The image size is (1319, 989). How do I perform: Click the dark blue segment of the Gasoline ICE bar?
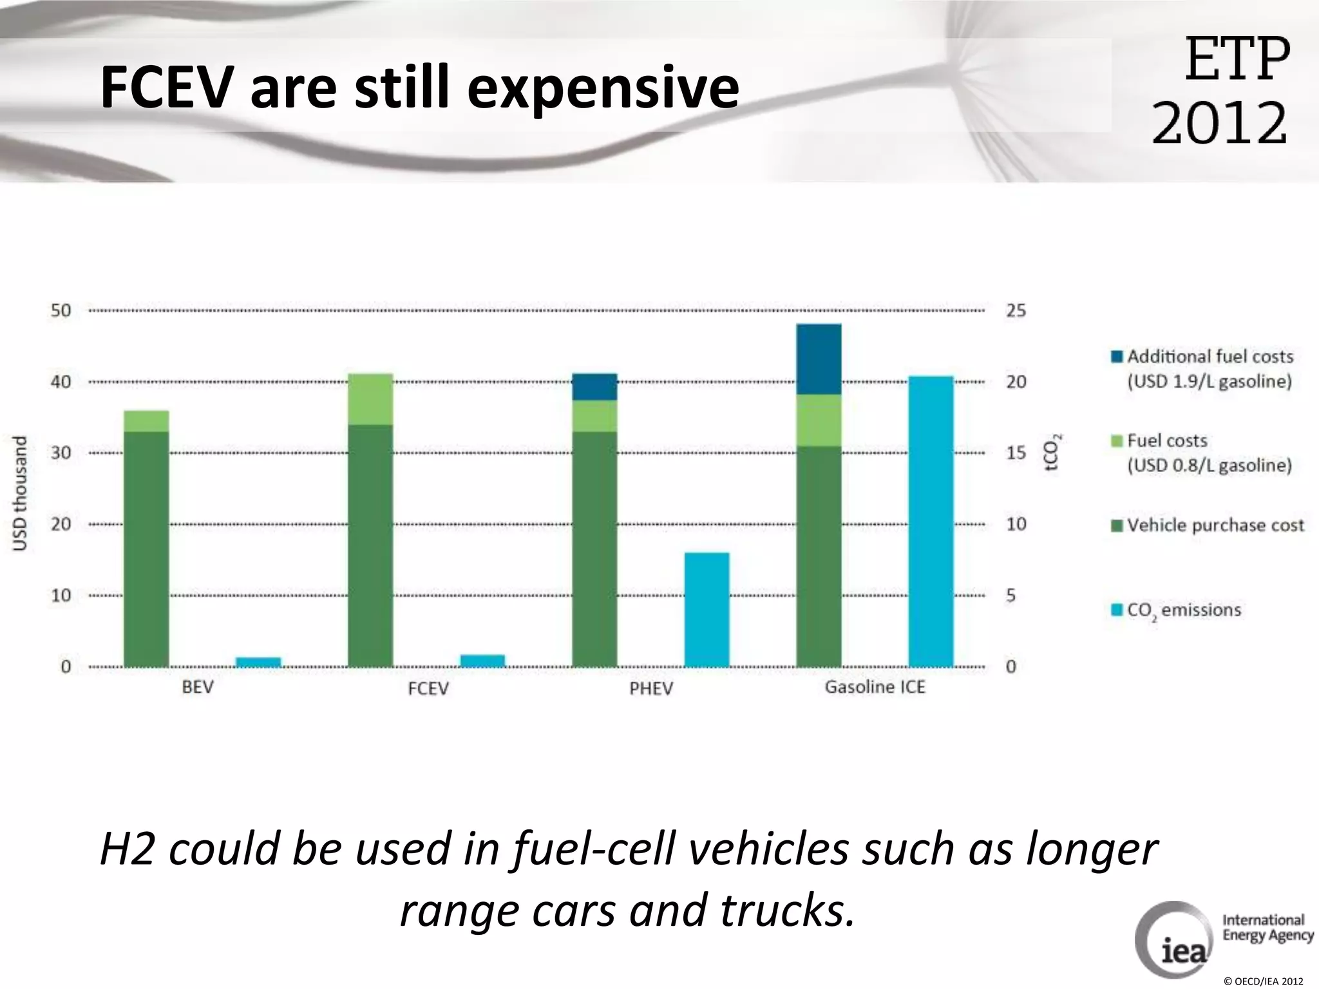tap(819, 359)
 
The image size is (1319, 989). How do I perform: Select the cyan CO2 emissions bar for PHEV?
tap(707, 609)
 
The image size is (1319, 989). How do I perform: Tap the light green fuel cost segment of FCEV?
tap(370, 399)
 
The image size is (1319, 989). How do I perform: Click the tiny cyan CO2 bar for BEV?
tap(258, 661)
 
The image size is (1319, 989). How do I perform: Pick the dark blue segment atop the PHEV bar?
tap(594, 386)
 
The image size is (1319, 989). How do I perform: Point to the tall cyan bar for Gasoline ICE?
tap(931, 521)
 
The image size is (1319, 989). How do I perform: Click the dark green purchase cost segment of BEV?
tap(146, 549)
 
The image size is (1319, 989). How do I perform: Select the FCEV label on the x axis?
tap(428, 688)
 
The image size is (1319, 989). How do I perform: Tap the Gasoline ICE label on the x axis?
tap(875, 687)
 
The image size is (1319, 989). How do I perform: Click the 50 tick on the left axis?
tap(61, 310)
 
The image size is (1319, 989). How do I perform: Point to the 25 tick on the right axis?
tap(1016, 310)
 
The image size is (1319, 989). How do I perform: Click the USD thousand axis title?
tap(21, 493)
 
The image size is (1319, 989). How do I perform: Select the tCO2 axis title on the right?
tap(1051, 453)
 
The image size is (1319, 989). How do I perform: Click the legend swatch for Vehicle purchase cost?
tap(1117, 525)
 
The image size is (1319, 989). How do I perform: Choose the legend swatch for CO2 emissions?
tap(1117, 609)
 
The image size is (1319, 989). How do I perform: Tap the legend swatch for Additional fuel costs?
tap(1117, 357)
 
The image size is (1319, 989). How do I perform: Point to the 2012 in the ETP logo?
tap(1219, 122)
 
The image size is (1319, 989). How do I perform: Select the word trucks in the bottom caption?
tap(782, 910)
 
